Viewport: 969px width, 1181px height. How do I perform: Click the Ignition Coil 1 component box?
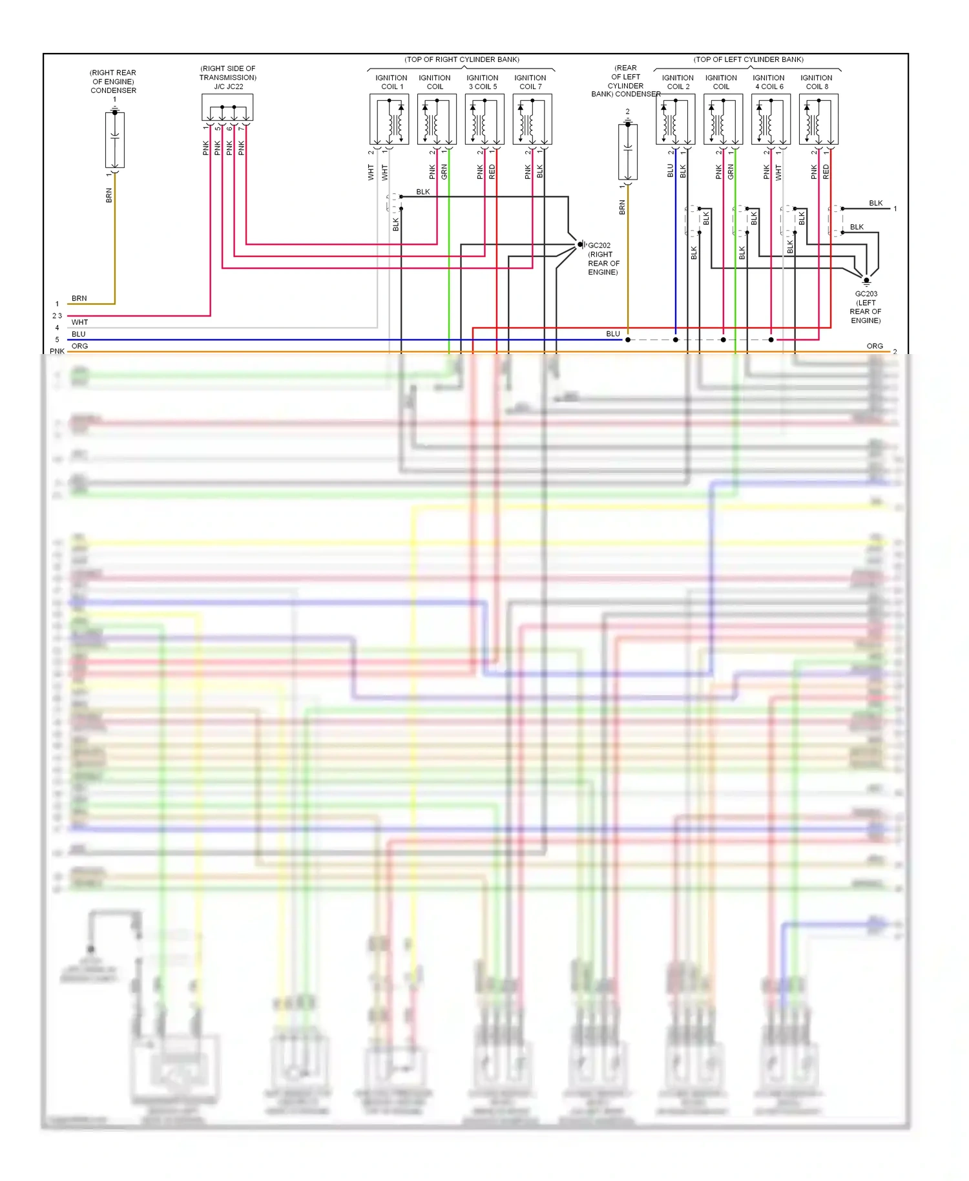click(389, 120)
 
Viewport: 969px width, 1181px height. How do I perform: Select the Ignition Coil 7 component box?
click(532, 120)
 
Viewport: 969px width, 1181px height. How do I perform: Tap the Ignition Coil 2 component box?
click(675, 120)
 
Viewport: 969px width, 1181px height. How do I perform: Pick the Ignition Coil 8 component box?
click(818, 120)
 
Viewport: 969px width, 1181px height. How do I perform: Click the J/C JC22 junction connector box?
click(227, 107)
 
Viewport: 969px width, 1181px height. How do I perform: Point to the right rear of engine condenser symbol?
click(115, 140)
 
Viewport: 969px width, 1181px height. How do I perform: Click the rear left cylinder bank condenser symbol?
click(627, 152)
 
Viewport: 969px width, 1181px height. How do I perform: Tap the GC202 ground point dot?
click(580, 245)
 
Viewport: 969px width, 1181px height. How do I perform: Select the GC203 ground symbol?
click(866, 281)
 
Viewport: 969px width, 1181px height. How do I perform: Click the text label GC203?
click(866, 294)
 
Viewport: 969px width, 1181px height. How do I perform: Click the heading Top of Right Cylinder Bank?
click(462, 59)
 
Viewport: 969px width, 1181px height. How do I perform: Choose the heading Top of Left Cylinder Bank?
click(749, 59)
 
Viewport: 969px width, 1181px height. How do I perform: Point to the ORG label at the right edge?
click(875, 346)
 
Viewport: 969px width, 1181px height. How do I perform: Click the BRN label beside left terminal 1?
click(79, 298)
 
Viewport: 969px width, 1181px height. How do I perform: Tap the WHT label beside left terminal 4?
click(79, 322)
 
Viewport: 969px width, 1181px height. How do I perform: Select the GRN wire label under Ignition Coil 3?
click(444, 172)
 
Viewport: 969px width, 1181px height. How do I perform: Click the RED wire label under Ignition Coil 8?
click(826, 172)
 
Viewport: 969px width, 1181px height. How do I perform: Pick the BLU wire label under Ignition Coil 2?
click(671, 171)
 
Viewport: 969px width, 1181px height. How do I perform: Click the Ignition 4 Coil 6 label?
click(769, 82)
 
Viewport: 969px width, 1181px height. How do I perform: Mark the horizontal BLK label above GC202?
click(423, 192)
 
